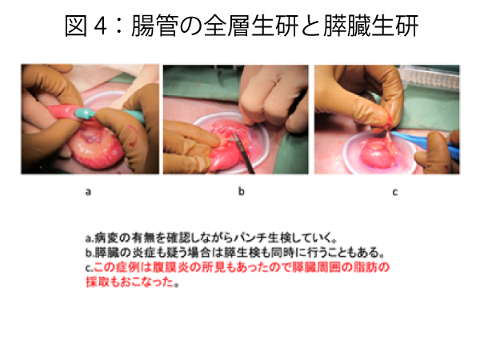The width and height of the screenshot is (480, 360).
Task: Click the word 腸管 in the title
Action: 154,26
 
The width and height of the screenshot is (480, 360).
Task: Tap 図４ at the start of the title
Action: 86,26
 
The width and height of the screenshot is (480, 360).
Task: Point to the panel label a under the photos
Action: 88,192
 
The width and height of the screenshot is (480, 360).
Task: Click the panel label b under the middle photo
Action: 242,191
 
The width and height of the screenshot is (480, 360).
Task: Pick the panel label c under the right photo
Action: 395,192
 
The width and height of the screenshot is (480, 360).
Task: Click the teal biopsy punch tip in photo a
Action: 86,112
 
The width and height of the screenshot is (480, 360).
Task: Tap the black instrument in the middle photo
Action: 243,153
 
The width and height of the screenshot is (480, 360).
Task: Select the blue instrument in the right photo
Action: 426,143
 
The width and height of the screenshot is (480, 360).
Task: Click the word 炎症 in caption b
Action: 143,253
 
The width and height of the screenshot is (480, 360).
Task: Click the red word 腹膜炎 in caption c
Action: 170,267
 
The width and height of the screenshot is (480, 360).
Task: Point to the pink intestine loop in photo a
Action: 97,151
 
